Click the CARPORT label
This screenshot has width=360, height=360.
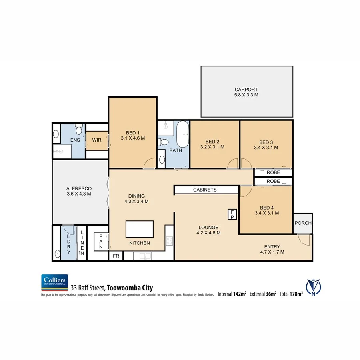click(246, 90)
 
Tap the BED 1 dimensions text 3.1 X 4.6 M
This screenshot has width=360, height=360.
click(132, 138)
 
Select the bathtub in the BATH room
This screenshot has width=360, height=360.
click(182, 134)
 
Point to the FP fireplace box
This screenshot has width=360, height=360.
click(232, 214)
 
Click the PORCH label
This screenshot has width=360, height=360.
click(303, 223)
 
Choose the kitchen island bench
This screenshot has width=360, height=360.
click(140, 229)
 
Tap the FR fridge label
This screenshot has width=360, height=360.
click(116, 256)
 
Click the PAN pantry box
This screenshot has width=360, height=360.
click(100, 242)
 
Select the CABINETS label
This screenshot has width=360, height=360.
click(205, 190)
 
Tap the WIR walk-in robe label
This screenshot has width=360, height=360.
click(97, 140)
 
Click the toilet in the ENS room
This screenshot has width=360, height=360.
click(79, 130)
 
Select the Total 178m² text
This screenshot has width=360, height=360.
click(291, 294)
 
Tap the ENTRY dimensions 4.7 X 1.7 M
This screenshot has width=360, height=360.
click(272, 252)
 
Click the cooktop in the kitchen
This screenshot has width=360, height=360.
click(169, 241)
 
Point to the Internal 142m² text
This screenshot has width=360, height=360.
click(232, 294)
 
